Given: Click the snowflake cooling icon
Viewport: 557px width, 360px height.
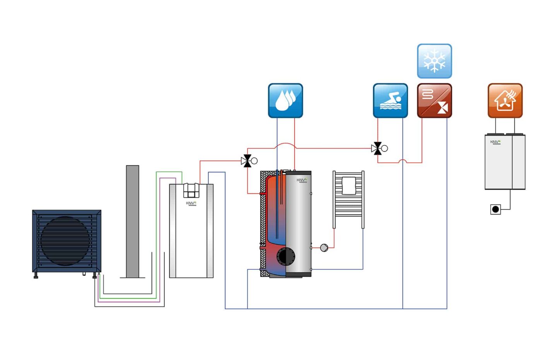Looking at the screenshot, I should [x=434, y=61].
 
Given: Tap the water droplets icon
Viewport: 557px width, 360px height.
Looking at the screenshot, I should [x=285, y=101].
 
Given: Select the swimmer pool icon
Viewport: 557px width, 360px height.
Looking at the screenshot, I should [x=390, y=101].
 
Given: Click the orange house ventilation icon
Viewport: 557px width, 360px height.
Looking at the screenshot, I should [x=505, y=101].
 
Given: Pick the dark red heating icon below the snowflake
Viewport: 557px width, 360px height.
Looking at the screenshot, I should [x=434, y=101].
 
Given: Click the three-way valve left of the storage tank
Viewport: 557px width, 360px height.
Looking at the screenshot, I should [x=246, y=161].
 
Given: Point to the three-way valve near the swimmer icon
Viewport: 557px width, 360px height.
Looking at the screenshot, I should [x=377, y=148].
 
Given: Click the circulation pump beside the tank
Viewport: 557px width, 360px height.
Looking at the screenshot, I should [x=324, y=247].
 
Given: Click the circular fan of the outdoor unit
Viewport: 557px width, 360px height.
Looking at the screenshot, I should [x=65, y=241].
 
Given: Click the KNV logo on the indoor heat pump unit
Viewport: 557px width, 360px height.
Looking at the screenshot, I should [x=191, y=203].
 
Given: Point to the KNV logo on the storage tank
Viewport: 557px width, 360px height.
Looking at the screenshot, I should [x=302, y=180].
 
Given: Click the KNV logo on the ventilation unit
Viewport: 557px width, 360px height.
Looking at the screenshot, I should [x=495, y=142].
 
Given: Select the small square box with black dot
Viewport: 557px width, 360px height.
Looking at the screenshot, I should [x=495, y=210].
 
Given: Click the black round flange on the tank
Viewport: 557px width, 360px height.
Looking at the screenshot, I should [x=286, y=256].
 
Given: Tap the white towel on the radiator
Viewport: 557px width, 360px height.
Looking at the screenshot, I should [x=349, y=186].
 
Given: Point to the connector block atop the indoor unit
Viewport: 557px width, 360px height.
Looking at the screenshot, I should [x=191, y=190].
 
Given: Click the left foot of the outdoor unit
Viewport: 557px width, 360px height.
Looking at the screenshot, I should [x=36, y=276].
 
